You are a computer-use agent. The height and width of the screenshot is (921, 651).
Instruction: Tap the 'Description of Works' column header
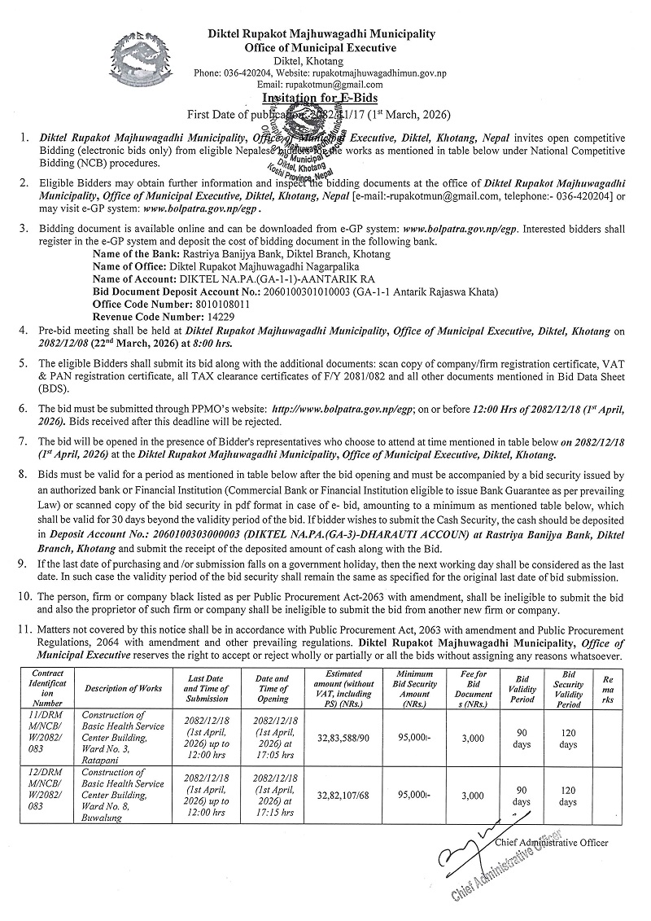(x=123, y=689)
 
